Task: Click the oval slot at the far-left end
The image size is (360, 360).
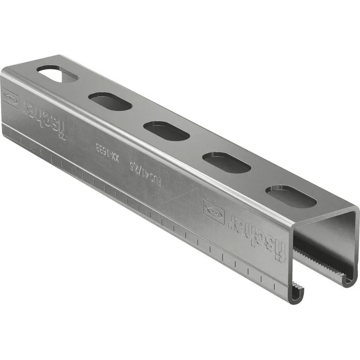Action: click(57, 74)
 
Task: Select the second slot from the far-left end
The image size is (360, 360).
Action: click(111, 101)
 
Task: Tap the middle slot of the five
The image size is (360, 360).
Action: click(166, 131)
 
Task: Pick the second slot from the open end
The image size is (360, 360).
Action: click(226, 162)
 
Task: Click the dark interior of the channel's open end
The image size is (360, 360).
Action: click(325, 240)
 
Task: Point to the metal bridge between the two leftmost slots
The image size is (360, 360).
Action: click(84, 88)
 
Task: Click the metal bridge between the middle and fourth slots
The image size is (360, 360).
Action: click(196, 146)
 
